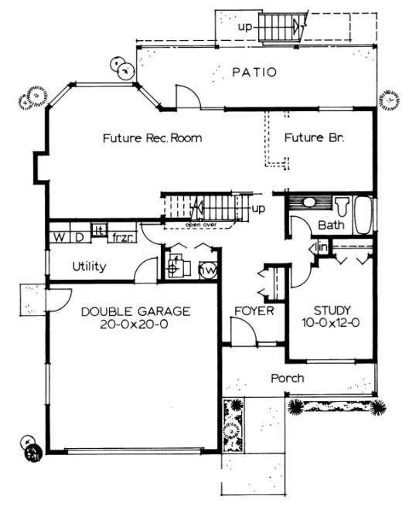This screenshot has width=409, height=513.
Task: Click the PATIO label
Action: coord(254,73)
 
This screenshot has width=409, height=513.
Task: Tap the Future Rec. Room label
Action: coord(152,139)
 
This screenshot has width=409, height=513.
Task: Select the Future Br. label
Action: coord(313,139)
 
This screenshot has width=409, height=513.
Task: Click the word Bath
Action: coord(330,226)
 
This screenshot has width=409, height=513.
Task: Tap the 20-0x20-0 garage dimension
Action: coord(135,325)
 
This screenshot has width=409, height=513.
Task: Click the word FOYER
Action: coord(255,311)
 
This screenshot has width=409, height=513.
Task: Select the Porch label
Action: coord(286,379)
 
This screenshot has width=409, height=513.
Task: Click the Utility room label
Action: coord(90,267)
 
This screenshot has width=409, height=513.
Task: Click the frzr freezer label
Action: coord(122,236)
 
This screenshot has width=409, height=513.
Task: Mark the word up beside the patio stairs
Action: coord(245,27)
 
